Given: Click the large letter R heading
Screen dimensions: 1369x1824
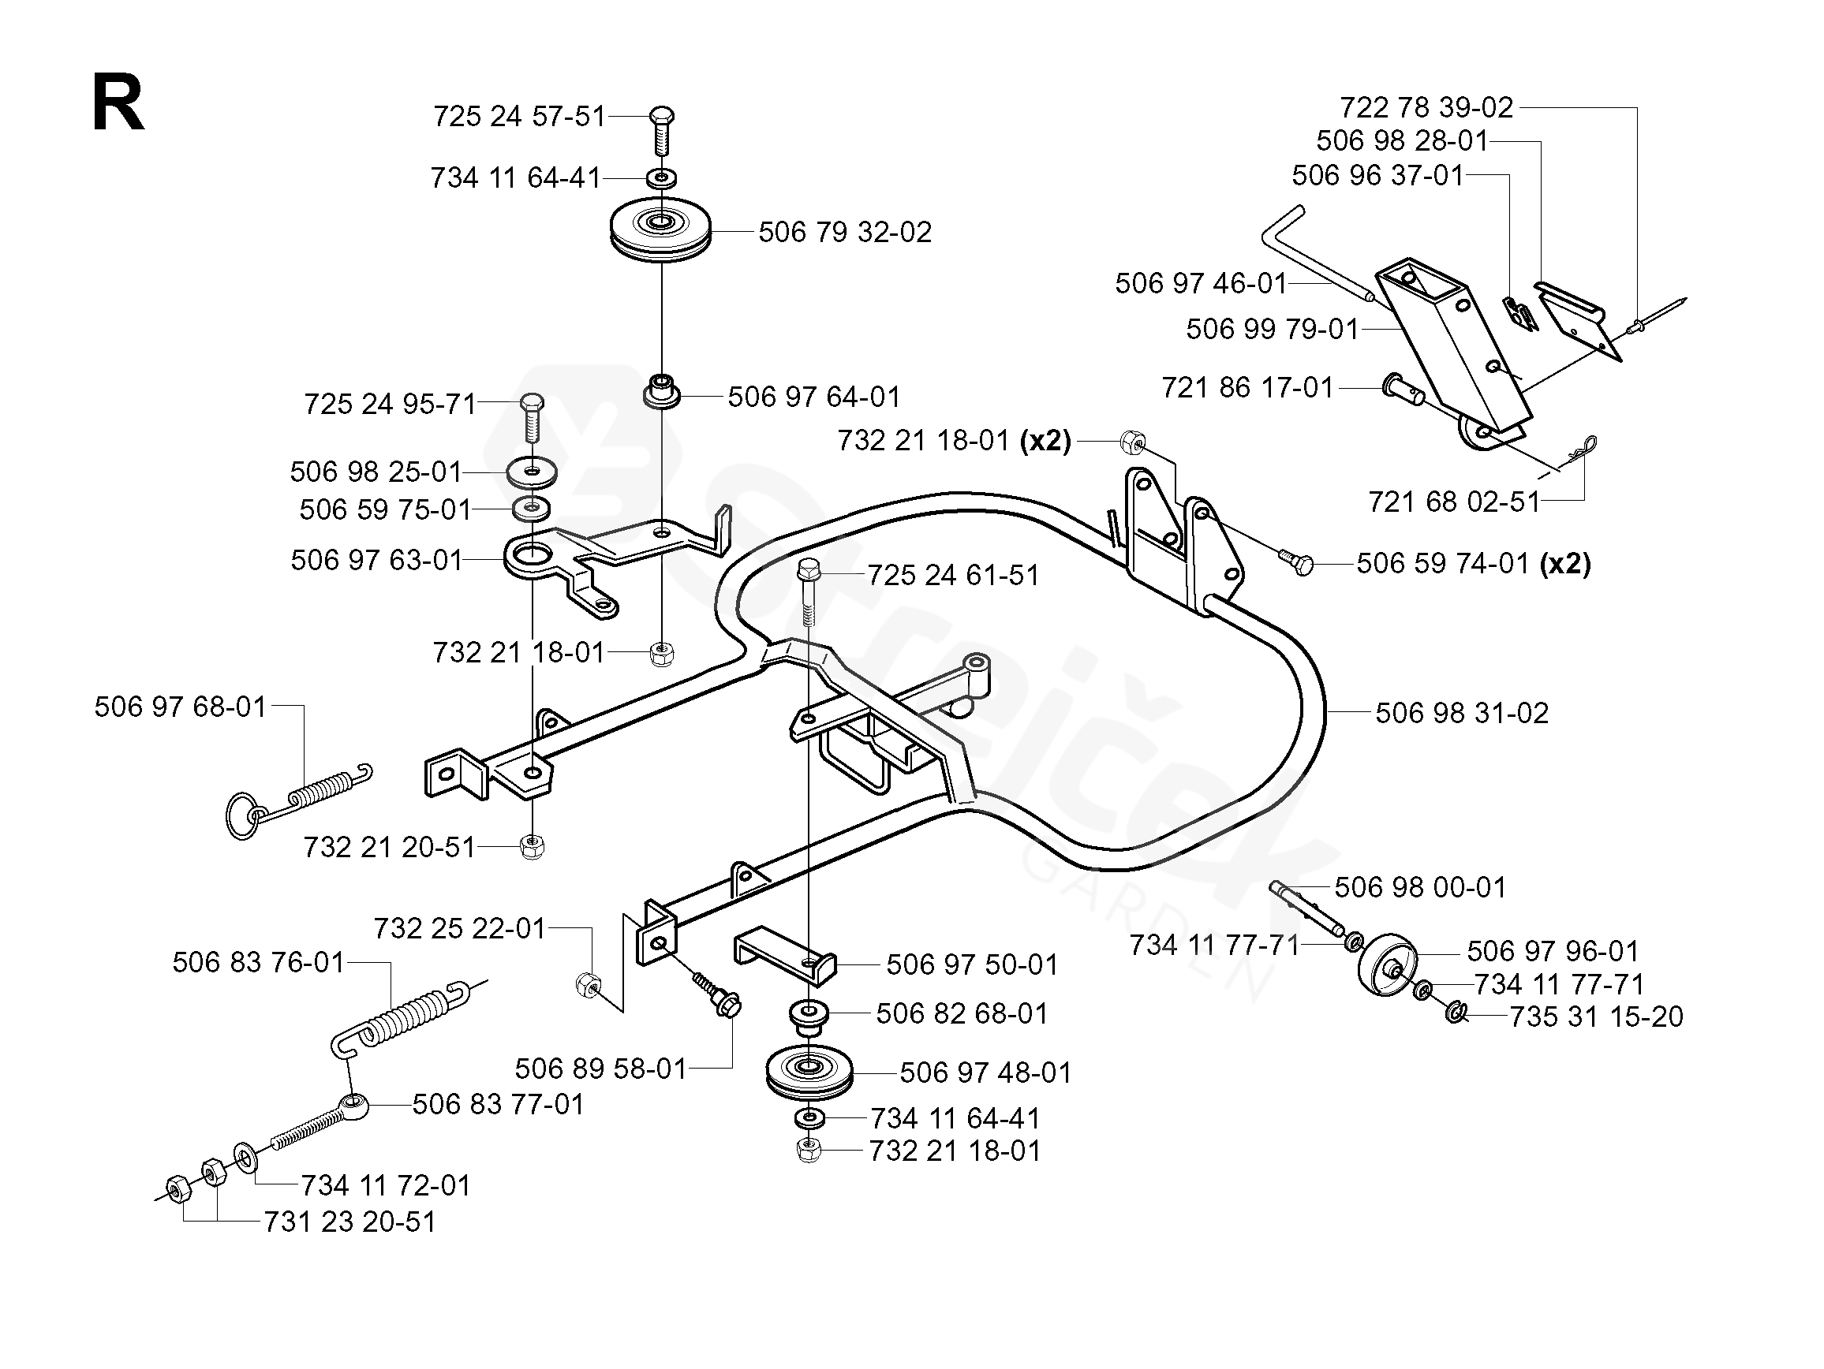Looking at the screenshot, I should (x=118, y=105).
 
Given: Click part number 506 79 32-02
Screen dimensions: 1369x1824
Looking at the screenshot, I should (x=844, y=233).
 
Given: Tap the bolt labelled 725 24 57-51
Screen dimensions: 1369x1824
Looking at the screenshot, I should (x=662, y=130).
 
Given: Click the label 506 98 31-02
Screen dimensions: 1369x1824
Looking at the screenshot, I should (x=1461, y=713).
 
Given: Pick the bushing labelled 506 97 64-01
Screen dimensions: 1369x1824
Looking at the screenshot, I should (x=661, y=390).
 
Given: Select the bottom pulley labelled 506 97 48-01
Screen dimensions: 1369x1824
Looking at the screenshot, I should (x=809, y=1073).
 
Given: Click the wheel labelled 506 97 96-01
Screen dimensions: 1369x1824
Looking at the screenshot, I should (x=1386, y=965).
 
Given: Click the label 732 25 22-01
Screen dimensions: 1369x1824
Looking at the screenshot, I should (x=459, y=929).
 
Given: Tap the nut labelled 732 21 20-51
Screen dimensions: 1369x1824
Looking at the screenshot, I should (x=533, y=846).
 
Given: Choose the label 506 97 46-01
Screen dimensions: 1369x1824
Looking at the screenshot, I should (x=1201, y=284).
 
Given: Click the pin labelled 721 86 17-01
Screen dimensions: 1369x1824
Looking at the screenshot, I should (x=1402, y=389).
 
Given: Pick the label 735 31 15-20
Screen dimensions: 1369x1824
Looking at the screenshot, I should (x=1595, y=1017).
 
